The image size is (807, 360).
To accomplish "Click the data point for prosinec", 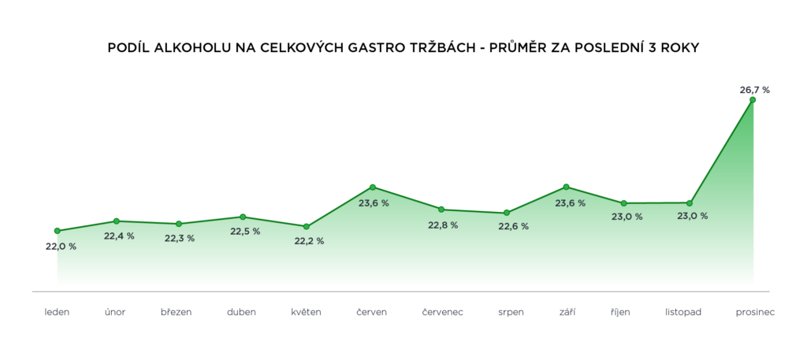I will coord(753,100).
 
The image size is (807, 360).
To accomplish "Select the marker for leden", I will coord(58,231).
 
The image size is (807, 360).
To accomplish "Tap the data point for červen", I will coord(372,187).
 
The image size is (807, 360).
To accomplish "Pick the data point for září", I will coord(567,187).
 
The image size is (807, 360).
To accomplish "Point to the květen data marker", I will coord(306,226).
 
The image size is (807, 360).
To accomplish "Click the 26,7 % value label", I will coord(754,90).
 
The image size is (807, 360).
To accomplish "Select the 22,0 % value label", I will coord(61,247).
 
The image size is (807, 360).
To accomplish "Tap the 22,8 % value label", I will coord(443,225).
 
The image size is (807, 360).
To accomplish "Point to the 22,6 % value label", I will coord(513,227).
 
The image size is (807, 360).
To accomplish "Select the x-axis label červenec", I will coord(443,312).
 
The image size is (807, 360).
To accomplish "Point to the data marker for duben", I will coord(243,217).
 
